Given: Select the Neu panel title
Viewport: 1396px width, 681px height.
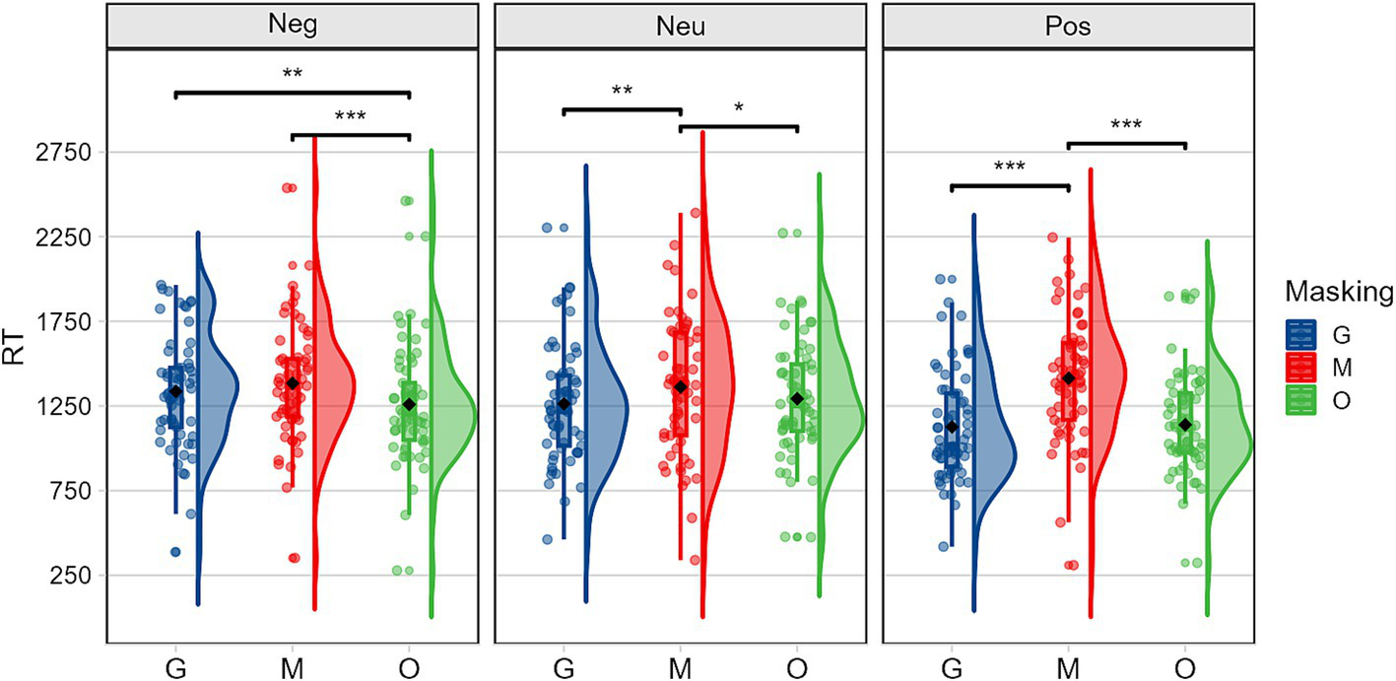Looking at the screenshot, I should click(680, 26).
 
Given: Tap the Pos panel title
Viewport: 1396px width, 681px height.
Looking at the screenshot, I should click(1068, 26).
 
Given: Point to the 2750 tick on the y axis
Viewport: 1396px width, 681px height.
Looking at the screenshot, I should click(64, 153).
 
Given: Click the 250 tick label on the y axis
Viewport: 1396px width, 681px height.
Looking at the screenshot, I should click(69, 576).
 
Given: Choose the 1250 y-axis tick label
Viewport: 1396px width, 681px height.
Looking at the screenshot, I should click(64, 407).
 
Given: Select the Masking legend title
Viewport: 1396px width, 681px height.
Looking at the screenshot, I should click(1338, 293).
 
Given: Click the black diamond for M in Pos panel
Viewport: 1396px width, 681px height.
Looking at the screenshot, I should click(1069, 377).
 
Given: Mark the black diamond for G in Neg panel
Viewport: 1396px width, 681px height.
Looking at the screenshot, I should click(175, 391).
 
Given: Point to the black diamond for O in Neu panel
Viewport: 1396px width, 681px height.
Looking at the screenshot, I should click(797, 398).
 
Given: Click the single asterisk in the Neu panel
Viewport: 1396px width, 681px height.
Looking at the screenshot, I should click(739, 108).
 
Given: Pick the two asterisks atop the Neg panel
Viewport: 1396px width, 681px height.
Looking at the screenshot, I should click(292, 75).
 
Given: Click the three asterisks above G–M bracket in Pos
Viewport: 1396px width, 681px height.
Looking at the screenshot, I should click(1010, 167).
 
